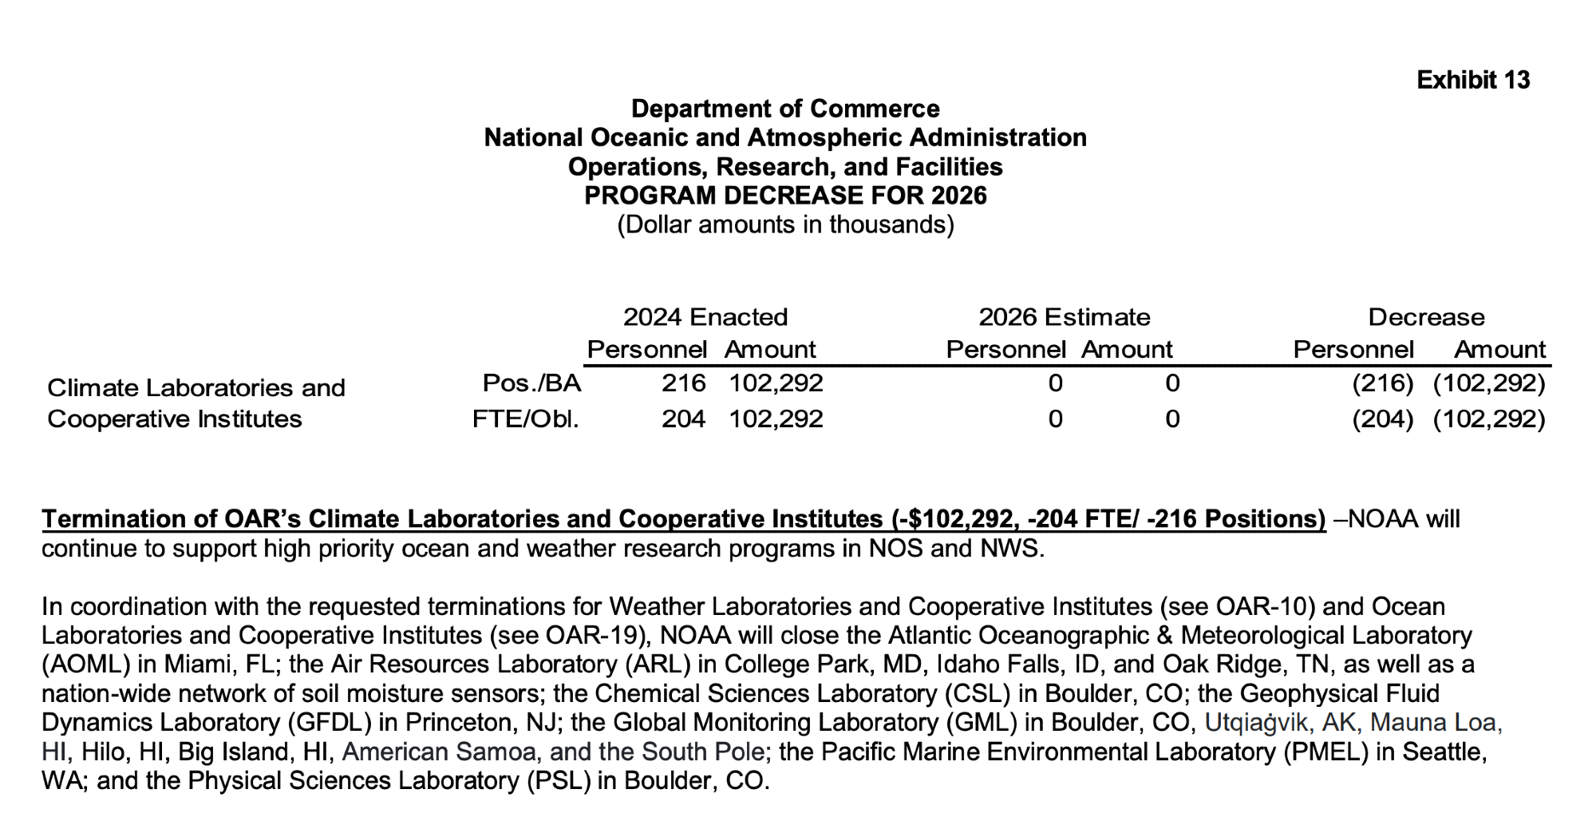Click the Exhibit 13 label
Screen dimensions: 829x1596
click(x=1473, y=80)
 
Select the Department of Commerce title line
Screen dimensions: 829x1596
click(x=785, y=109)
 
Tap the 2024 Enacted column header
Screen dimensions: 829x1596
click(x=705, y=317)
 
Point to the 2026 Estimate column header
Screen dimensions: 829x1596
click(x=1064, y=317)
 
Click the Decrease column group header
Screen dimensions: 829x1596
click(x=1426, y=317)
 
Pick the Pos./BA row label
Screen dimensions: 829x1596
click(x=531, y=383)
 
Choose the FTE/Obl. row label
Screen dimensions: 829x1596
click(x=526, y=418)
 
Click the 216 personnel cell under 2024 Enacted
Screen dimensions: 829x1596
click(x=684, y=383)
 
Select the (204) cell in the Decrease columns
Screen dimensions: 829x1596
click(x=1382, y=418)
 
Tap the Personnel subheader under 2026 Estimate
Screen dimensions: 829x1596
click(x=1005, y=349)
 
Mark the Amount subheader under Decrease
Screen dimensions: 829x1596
click(x=1499, y=349)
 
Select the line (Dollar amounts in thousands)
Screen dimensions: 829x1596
click(x=785, y=224)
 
